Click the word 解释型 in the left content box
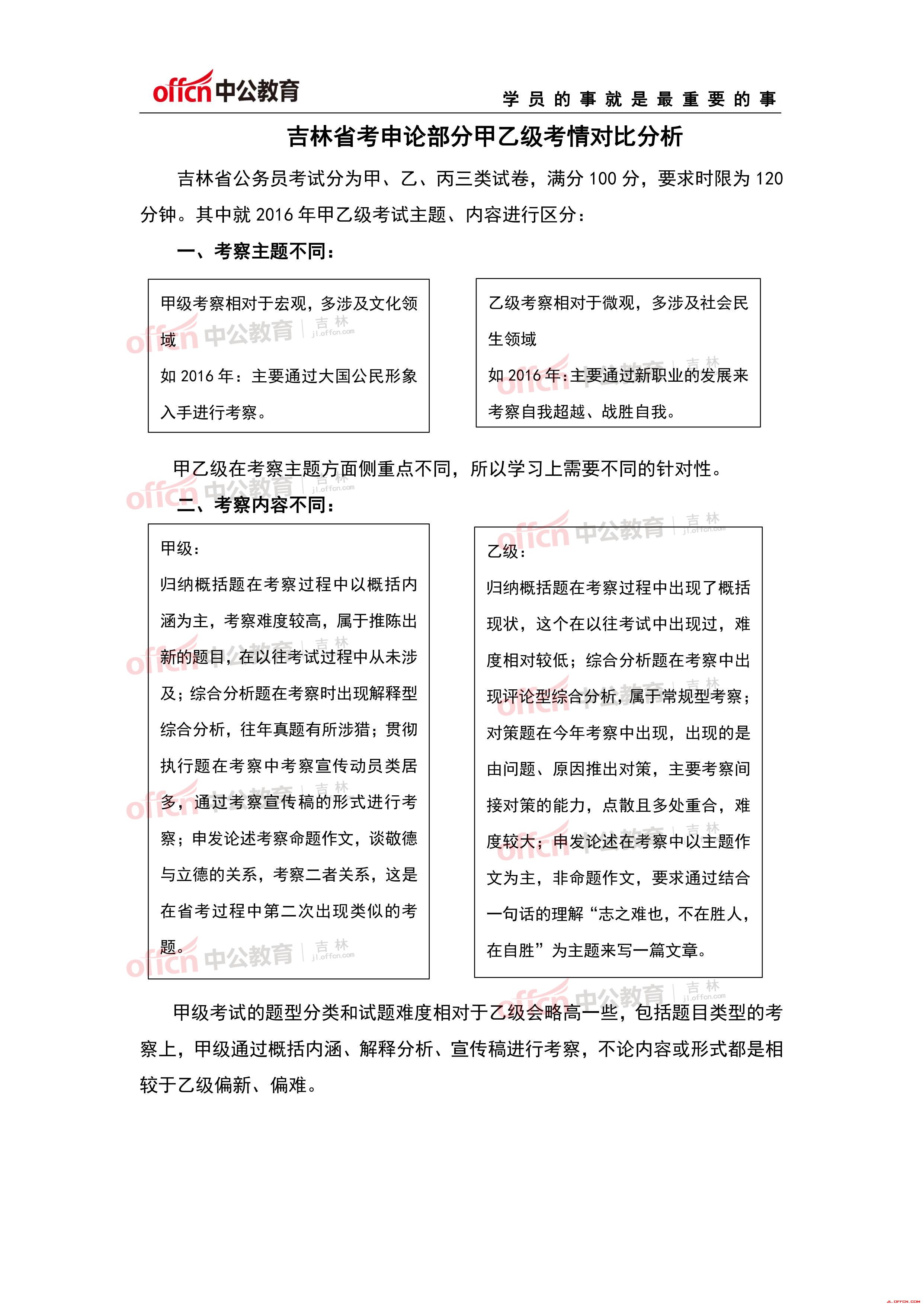pyautogui.click(x=393, y=693)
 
